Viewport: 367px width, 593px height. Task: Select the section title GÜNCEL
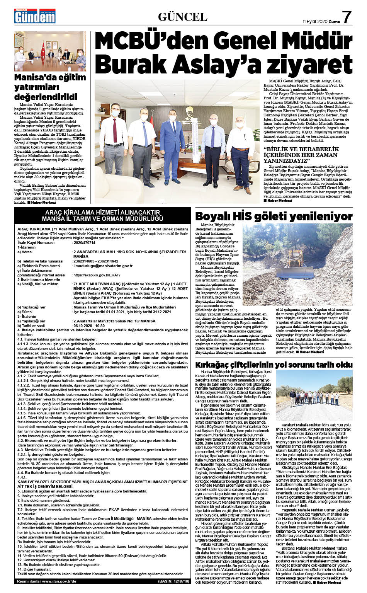183,17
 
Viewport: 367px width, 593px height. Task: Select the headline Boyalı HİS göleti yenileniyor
274,216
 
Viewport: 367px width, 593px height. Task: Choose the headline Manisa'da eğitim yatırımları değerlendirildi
50,87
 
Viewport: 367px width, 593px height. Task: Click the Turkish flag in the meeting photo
43,48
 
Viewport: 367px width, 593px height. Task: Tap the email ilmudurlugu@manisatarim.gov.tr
103,266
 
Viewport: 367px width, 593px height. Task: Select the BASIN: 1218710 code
173,581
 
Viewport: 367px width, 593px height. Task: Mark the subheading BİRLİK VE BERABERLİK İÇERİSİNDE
301,152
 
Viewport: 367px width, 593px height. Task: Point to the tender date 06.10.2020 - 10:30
90,326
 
